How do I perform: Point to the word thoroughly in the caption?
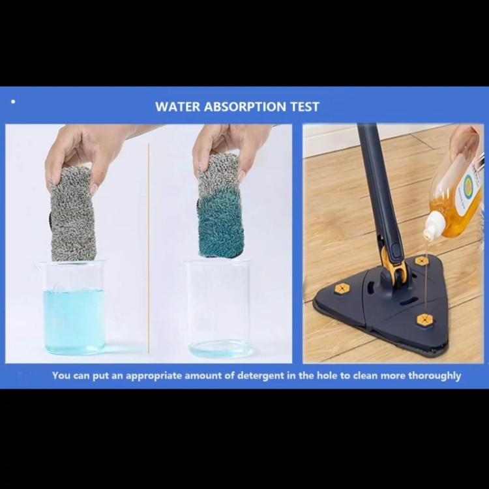[434, 376]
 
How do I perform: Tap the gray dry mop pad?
[72, 215]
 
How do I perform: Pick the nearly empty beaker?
[218, 309]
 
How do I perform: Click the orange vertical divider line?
[149, 248]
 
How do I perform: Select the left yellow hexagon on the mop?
[342, 288]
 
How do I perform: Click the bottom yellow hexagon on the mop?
[424, 320]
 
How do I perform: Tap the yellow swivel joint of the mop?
[394, 266]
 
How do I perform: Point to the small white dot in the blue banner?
[13, 101]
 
